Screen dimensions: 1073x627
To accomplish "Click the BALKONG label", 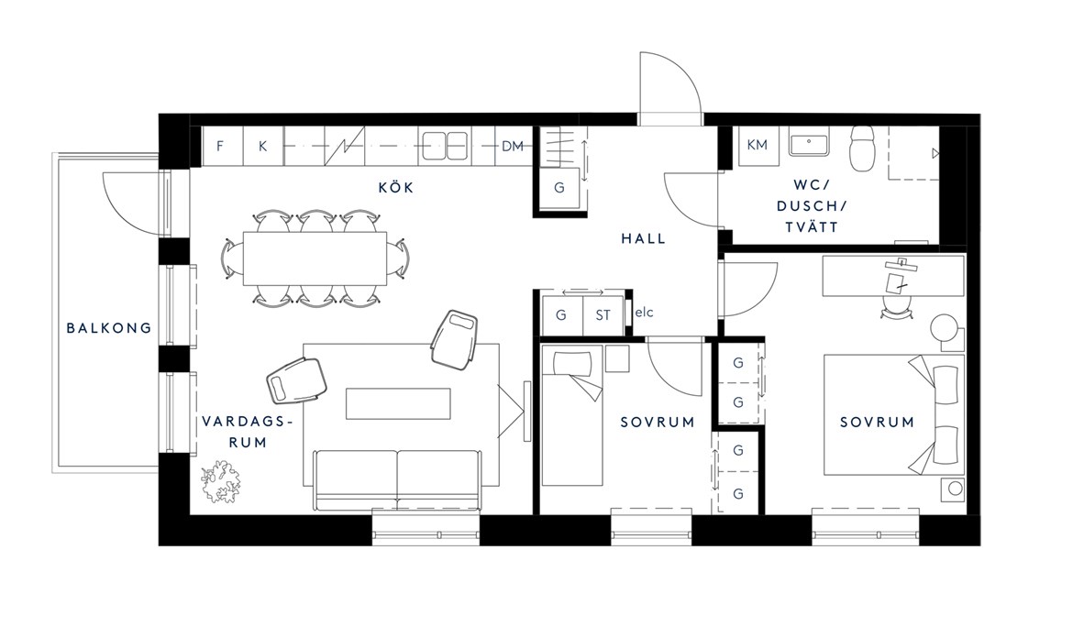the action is pos(109,328).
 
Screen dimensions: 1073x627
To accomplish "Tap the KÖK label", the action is pos(396,187).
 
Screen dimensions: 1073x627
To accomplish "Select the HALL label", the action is pos(643,238).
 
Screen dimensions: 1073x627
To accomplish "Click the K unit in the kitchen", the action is pos(263,146).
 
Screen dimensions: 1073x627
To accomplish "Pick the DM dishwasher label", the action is pos(513,146).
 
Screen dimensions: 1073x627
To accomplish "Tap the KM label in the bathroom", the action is pos(757,145).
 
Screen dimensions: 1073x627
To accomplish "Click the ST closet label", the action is pos(603,315).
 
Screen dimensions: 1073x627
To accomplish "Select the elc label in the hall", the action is pos(644,313).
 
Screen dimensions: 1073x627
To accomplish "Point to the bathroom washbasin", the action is pos(809,144).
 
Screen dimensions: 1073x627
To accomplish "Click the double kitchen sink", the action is pos(444,146).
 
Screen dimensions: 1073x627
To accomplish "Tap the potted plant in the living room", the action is pos(220,482).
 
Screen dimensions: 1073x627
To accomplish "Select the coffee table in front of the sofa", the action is pos(398,403).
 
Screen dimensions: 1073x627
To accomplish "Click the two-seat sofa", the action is pos(398,480).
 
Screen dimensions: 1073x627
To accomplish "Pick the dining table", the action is pos(315,258).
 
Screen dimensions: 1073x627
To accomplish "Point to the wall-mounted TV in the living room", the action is pos(527,411).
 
